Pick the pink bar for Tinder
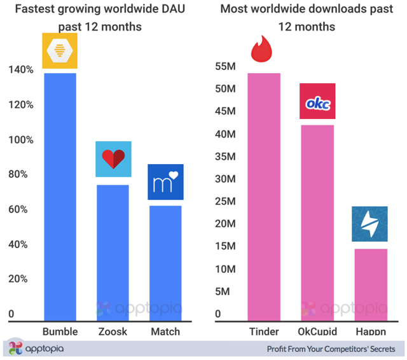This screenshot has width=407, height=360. [x=263, y=197]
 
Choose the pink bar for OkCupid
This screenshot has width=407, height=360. [x=317, y=223]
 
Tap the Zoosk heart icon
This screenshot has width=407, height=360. [x=113, y=159]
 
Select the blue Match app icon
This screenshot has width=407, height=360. [x=165, y=182]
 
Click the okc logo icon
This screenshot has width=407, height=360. [x=317, y=101]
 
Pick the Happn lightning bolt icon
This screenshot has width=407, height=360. [x=369, y=224]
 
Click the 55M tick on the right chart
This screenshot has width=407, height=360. [x=227, y=67]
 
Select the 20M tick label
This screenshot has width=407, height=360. [x=227, y=223]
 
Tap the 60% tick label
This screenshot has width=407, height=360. [x=19, y=210]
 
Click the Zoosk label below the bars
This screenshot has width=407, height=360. [x=113, y=331]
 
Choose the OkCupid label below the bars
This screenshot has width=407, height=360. [x=317, y=331]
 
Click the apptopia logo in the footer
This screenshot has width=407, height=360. [x=36, y=349]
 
